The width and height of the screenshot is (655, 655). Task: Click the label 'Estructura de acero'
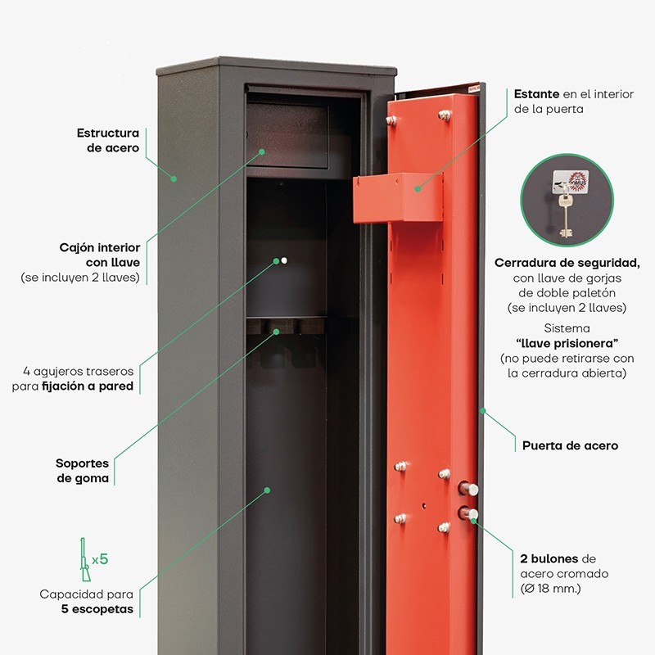[108, 140]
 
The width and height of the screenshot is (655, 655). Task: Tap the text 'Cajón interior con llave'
[100, 255]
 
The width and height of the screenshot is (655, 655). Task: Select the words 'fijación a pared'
[88, 386]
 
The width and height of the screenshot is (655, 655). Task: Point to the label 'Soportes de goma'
[82, 471]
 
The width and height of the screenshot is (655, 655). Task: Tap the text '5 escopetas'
[97, 609]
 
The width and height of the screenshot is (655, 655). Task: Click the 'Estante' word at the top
[536, 94]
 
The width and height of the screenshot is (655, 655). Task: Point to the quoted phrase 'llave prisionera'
[567, 342]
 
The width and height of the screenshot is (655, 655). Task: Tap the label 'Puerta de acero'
[570, 445]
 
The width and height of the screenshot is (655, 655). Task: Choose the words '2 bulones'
[549, 558]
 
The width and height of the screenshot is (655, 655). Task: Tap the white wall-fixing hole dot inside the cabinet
[284, 260]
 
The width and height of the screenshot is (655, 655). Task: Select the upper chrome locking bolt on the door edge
[470, 489]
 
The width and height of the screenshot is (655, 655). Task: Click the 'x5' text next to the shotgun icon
[100, 559]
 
